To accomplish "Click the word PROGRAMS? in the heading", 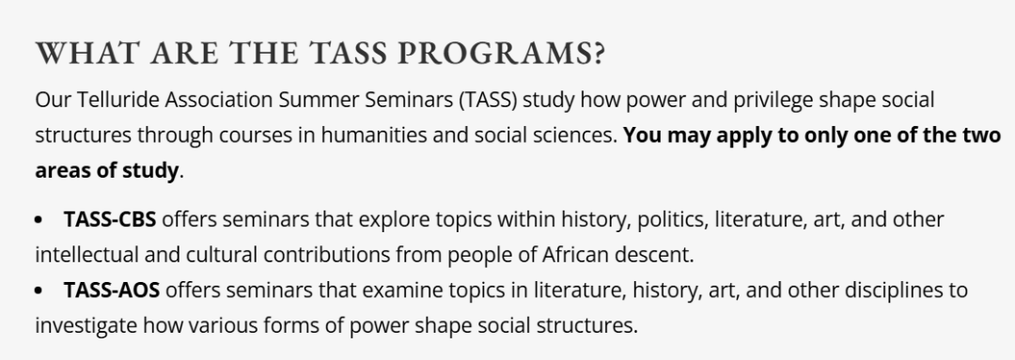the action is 500,54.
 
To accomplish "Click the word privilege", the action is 773,101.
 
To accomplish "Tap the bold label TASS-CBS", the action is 109,220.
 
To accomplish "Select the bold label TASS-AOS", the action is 111,290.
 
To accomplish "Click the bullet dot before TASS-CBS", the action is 39,220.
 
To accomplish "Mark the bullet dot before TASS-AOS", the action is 39,290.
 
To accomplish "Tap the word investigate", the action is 86,325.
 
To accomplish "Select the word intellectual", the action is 86,255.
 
